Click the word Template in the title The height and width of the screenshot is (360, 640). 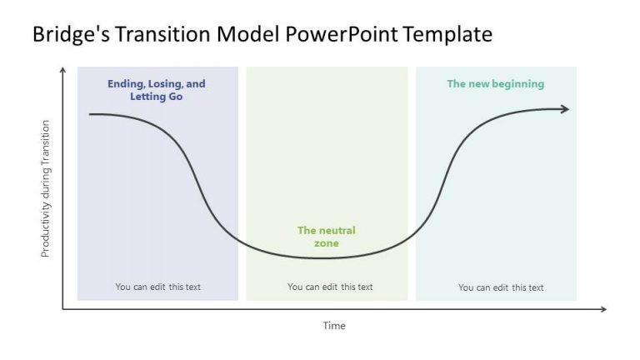point(447,34)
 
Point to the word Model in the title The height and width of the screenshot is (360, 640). point(254,34)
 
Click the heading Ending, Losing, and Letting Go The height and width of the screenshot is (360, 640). point(156,90)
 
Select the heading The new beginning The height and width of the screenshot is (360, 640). point(495,83)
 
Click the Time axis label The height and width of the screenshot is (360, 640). point(333,326)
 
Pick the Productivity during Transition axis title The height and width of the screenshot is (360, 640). point(46,188)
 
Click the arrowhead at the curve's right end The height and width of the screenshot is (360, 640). point(566,109)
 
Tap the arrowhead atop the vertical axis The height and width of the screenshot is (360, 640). point(62,72)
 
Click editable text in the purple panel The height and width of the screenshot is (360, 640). point(157,287)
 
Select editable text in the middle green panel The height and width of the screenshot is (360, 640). point(330,287)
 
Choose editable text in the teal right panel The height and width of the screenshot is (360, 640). point(500,287)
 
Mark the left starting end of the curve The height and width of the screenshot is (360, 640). point(91,113)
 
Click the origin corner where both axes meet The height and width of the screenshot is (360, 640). point(62,310)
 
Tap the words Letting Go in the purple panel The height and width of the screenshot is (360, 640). point(156,97)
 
